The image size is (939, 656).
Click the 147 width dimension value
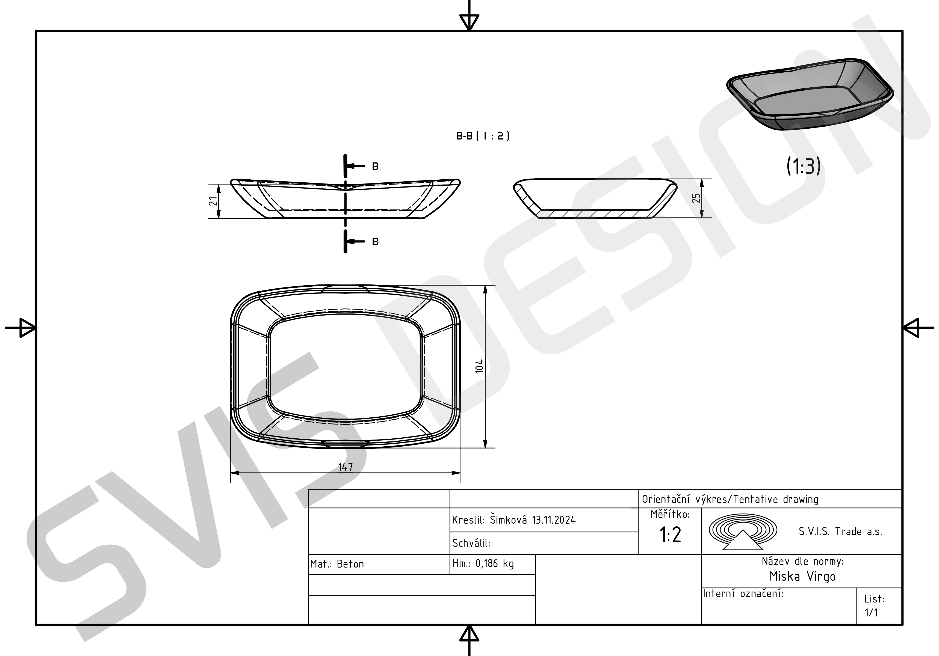pyautogui.click(x=346, y=467)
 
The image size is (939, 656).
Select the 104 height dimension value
pyautogui.click(x=480, y=366)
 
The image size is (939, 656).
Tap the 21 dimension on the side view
pyautogui.click(x=213, y=201)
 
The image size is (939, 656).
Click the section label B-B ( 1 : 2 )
pyautogui.click(x=483, y=136)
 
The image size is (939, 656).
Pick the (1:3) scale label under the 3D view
pyautogui.click(x=803, y=166)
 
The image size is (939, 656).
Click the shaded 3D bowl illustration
pyautogui.click(x=810, y=94)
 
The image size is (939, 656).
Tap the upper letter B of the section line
pyautogui.click(x=375, y=166)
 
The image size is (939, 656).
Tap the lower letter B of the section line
pyautogui.click(x=375, y=242)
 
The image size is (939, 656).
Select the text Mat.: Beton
pyautogui.click(x=337, y=564)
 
